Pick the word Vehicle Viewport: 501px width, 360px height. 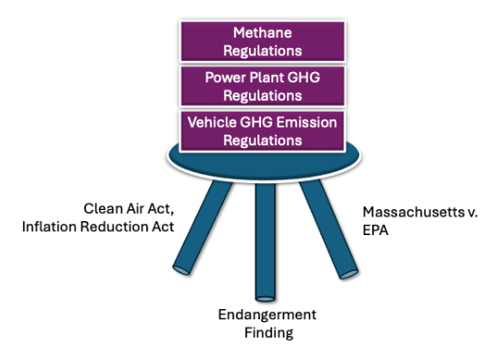tap(210, 121)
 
